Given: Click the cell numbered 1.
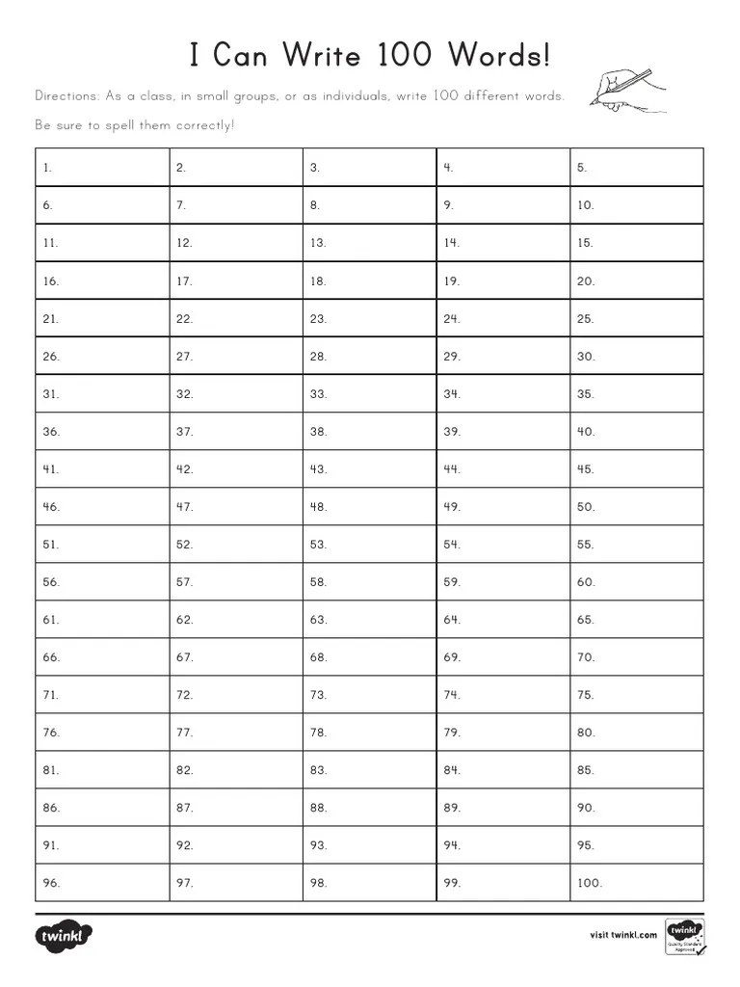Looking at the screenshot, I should click(x=102, y=167).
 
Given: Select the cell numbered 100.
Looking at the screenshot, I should click(x=636, y=882).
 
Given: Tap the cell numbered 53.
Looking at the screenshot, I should click(x=369, y=544).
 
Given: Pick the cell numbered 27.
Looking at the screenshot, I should click(x=235, y=356).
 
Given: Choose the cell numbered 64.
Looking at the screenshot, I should click(x=503, y=619).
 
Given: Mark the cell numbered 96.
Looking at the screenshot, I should click(x=102, y=882).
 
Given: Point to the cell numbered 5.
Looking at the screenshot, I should click(x=636, y=167).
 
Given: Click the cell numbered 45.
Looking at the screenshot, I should click(x=636, y=468).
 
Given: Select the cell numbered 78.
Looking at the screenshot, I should click(x=369, y=732).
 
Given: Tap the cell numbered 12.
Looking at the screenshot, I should click(x=235, y=242).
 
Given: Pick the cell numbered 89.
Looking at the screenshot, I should click(x=503, y=807).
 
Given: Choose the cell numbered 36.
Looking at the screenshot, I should click(x=102, y=431).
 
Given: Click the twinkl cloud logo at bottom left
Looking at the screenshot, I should click(x=64, y=935).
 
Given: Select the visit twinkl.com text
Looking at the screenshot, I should click(x=622, y=934).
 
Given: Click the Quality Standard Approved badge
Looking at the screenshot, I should click(x=684, y=936).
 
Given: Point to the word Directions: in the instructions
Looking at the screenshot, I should click(x=66, y=96).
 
